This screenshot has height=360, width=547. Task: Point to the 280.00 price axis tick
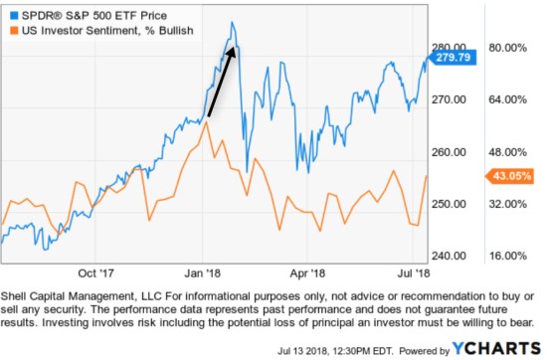tap(450, 47)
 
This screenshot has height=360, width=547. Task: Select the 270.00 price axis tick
tap(450, 99)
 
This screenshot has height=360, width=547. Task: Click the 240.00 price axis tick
tap(450, 256)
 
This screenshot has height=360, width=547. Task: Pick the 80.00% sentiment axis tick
tap(507, 47)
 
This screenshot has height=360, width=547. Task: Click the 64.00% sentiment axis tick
tap(507, 99)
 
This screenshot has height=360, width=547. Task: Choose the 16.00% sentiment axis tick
tap(507, 256)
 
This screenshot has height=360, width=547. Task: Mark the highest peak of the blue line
tap(232, 22)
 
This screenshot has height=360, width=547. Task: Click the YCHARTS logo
tap(503, 348)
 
